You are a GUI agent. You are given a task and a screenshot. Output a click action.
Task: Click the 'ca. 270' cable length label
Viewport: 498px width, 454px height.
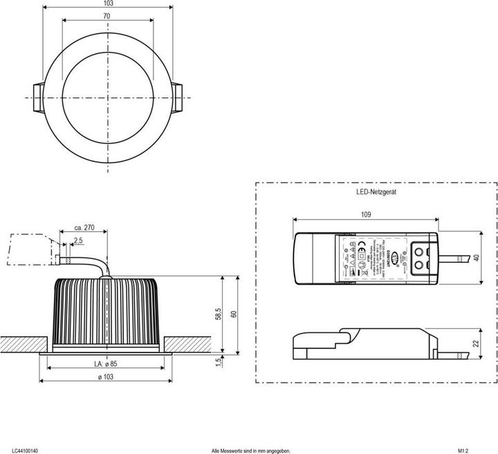[83, 227]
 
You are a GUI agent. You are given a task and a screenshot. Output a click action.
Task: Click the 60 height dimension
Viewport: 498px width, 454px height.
[234, 314]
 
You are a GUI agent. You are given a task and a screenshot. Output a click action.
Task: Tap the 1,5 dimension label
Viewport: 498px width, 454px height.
[219, 362]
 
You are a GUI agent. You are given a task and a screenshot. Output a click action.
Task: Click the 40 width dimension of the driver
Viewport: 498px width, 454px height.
[476, 258]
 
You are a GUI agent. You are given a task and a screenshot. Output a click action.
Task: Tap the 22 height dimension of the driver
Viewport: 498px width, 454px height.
[476, 343]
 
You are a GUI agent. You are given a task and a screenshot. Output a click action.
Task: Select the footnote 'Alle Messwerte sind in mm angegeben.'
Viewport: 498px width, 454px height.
[251, 450]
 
